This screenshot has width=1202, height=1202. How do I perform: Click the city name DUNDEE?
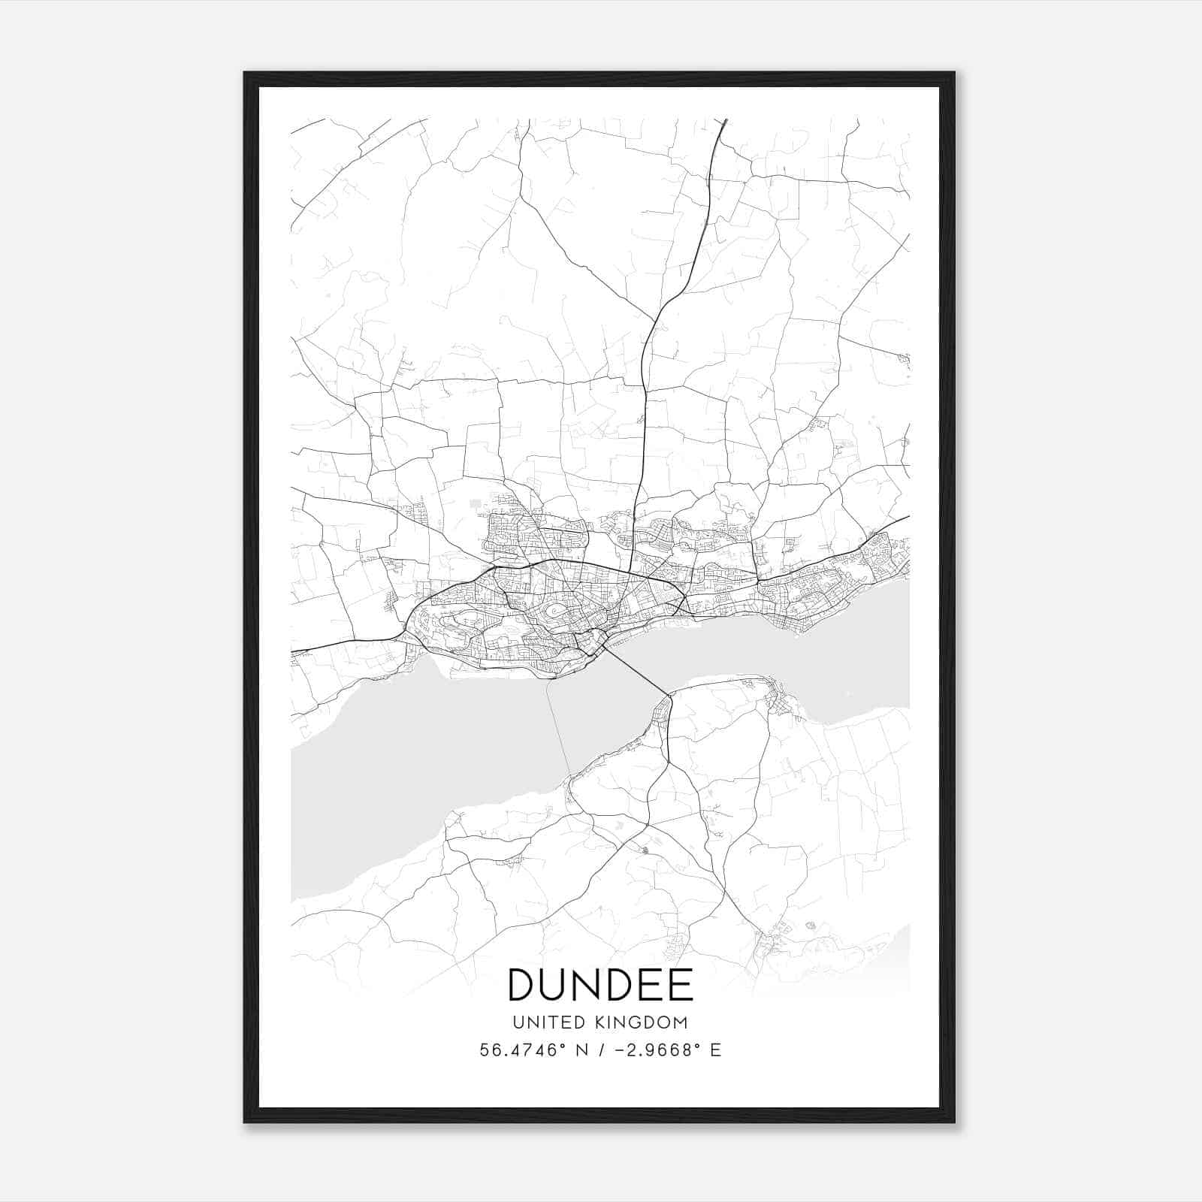click(x=600, y=984)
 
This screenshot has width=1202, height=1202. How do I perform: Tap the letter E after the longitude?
click(x=716, y=1050)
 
